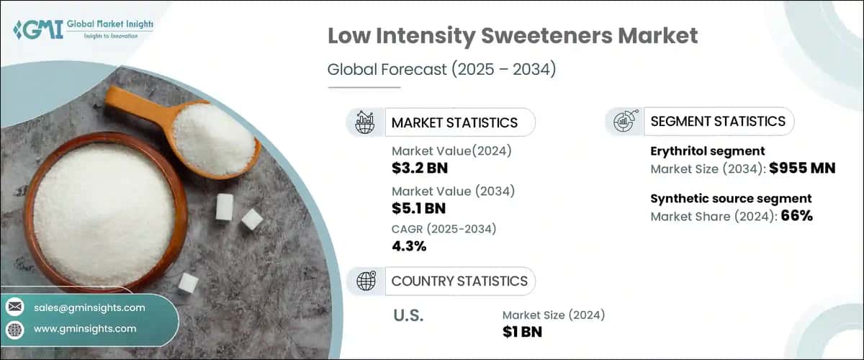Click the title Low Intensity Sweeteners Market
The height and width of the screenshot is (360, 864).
[512, 37]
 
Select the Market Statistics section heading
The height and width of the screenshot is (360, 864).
[454, 122]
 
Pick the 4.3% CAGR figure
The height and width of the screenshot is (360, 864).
[409, 246]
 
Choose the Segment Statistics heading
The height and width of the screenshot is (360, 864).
[717, 122]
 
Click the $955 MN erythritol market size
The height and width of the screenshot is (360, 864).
[801, 169]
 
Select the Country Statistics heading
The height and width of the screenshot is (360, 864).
[459, 281]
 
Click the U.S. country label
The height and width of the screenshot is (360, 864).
[408, 315]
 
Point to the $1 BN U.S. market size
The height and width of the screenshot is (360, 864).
[522, 332]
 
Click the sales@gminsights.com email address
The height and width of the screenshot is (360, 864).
[89, 307]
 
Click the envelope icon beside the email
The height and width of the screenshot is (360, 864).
[14, 307]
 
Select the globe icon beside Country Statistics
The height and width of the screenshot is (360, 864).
[366, 281]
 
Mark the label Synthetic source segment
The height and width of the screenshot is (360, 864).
[731, 198]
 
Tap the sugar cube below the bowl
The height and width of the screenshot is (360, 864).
[189, 283]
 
